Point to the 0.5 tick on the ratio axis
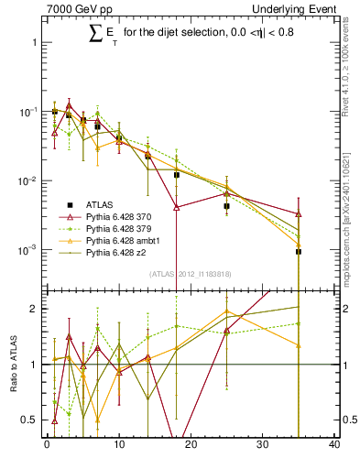click(32, 420)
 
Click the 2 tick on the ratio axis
click(35, 309)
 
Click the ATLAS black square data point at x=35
click(299, 251)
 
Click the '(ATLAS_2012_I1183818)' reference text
click(191, 274)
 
